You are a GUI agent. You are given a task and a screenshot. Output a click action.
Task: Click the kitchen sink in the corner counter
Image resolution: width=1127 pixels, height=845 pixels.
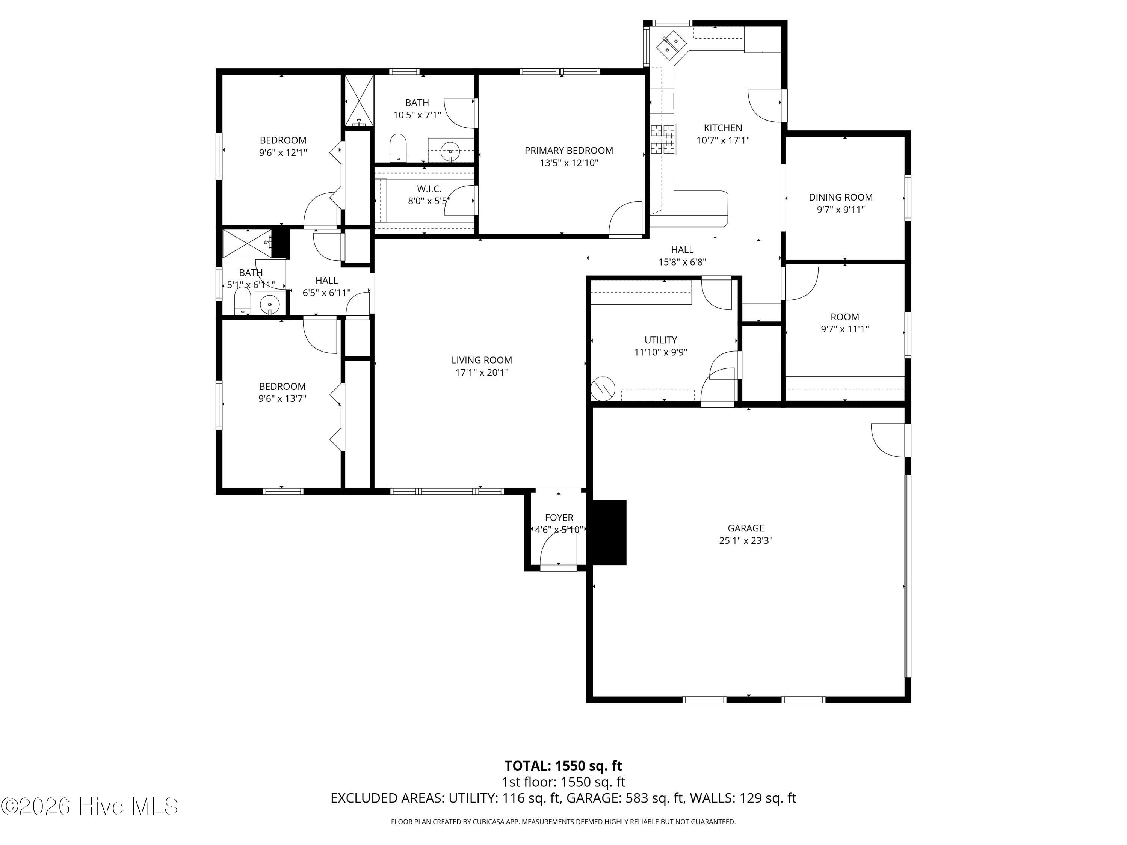coord(669,45)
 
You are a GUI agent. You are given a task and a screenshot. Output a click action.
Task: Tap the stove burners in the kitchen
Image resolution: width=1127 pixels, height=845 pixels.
coord(663,139)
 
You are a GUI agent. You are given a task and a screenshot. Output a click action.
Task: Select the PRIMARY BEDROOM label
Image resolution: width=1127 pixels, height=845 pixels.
coord(569,150)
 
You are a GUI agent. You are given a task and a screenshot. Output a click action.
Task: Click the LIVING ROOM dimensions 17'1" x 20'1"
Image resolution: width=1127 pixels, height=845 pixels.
coord(482,372)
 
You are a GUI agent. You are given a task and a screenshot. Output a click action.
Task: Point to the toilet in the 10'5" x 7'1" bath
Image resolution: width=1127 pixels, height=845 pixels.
coord(398,148)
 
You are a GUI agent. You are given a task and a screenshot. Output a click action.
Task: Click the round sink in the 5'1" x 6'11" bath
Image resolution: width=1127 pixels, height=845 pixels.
coord(269,305)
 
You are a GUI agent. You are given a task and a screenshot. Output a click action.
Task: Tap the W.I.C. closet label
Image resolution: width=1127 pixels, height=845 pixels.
coord(429,189)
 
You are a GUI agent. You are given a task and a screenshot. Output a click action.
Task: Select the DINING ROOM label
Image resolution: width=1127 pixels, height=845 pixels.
coord(841,197)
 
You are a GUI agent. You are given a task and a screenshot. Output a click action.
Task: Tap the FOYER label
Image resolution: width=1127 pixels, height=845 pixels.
coord(559,518)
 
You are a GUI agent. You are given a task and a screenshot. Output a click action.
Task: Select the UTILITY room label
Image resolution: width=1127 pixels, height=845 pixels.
coord(661,340)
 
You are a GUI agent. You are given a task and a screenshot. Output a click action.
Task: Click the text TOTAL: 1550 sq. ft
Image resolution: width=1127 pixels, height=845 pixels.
coord(563,765)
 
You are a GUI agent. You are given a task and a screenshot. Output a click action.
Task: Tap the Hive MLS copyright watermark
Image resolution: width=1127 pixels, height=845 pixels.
coord(90,806)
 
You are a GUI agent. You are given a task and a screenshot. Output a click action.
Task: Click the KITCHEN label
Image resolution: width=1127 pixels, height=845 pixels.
coord(723,128)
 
